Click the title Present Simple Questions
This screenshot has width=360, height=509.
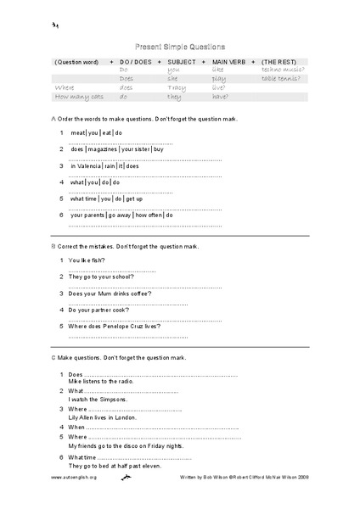click(x=180, y=48)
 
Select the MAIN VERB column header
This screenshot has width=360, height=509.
click(x=229, y=63)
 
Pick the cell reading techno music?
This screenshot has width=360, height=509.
click(x=281, y=70)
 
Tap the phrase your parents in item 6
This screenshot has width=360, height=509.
click(x=88, y=215)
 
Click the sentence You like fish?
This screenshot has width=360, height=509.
click(x=88, y=260)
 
